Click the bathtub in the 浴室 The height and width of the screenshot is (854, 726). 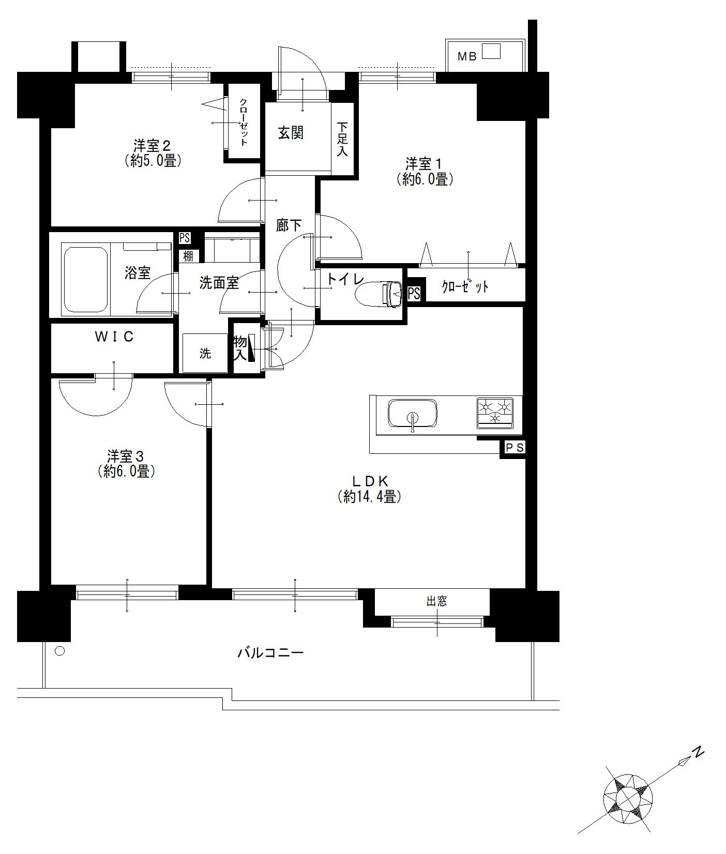click(x=85, y=280)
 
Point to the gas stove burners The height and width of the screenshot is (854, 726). click(x=495, y=413)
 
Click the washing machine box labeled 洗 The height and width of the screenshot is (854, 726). click(x=205, y=354)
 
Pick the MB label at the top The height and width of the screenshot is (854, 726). click(x=467, y=57)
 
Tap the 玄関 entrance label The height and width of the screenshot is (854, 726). click(x=291, y=133)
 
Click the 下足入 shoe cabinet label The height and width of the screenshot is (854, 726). click(x=343, y=139)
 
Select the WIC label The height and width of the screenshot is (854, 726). click(x=114, y=337)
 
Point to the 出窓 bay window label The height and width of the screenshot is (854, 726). click(x=436, y=601)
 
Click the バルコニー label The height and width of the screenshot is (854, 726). click(x=270, y=653)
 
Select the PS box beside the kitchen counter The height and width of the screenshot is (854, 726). click(x=513, y=448)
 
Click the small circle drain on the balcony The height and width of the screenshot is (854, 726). click(x=60, y=651)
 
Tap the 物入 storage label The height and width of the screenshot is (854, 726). click(x=240, y=348)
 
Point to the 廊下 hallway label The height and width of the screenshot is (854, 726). click(x=289, y=225)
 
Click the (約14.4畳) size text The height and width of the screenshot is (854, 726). click(x=370, y=497)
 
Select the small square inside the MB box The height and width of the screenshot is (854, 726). click(x=492, y=51)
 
